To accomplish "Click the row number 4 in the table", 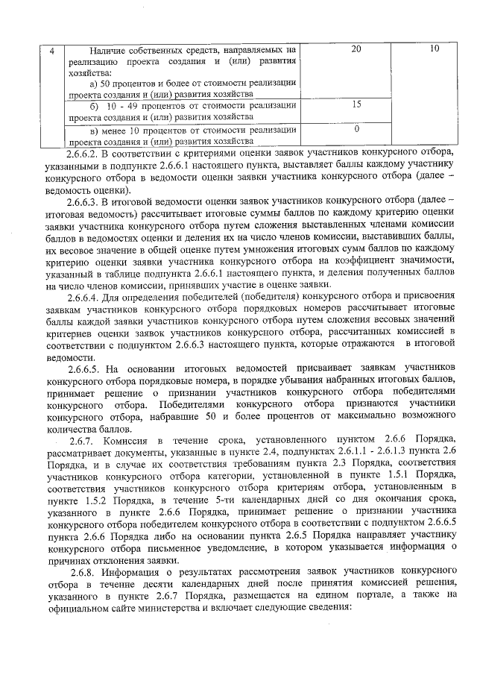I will (x=51, y=50).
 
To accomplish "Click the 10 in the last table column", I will (x=435, y=49).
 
